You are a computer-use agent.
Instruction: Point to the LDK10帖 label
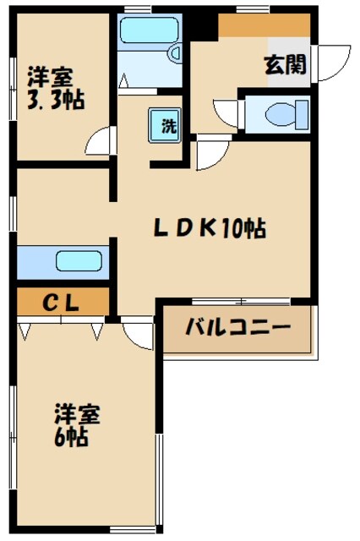point(210,227)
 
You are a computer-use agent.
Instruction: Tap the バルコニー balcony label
point(237,328)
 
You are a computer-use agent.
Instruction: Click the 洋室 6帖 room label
point(78,425)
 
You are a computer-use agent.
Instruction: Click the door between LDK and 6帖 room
point(135,332)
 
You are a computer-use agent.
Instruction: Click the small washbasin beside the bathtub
point(175,53)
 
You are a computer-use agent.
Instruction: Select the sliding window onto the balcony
point(240,301)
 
